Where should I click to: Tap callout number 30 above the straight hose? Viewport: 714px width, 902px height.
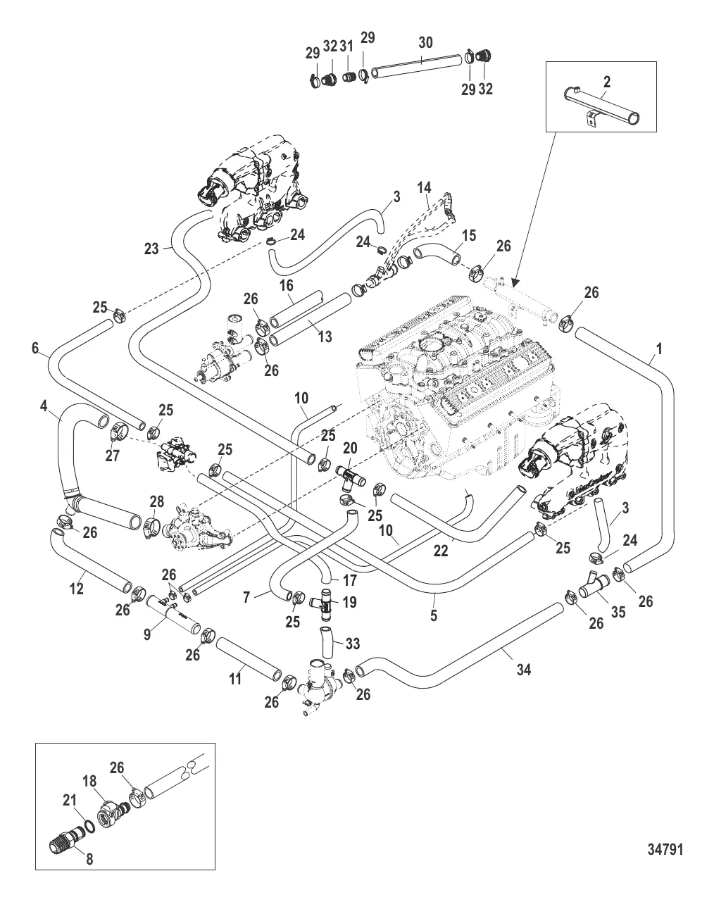coord(425,42)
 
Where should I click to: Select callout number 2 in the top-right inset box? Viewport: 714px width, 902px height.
coord(606,82)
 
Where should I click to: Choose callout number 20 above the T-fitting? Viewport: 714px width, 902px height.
coord(350,448)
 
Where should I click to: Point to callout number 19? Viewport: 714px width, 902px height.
coord(350,602)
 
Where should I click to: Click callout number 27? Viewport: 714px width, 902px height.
coord(113,456)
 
